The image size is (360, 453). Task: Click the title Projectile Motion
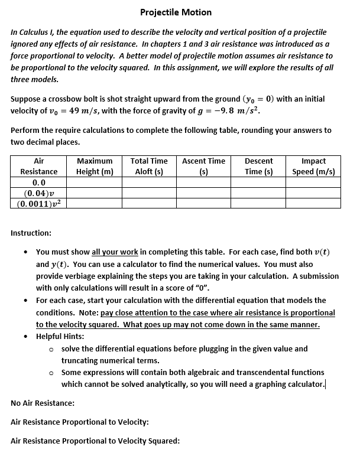click(176, 12)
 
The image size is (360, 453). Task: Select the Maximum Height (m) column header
click(95, 166)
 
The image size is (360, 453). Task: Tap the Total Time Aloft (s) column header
click(148, 166)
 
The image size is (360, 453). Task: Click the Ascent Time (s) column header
click(203, 166)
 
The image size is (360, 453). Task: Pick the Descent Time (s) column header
click(259, 166)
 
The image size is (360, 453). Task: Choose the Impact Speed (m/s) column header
click(313, 166)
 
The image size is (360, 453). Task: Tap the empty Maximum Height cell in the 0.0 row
click(95, 182)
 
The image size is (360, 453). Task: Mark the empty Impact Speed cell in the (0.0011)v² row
click(313, 203)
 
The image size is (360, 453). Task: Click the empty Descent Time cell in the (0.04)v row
click(259, 193)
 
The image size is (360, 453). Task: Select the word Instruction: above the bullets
click(31, 233)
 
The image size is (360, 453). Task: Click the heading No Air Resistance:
click(43, 403)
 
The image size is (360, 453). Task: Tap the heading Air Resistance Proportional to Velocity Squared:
click(95, 441)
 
